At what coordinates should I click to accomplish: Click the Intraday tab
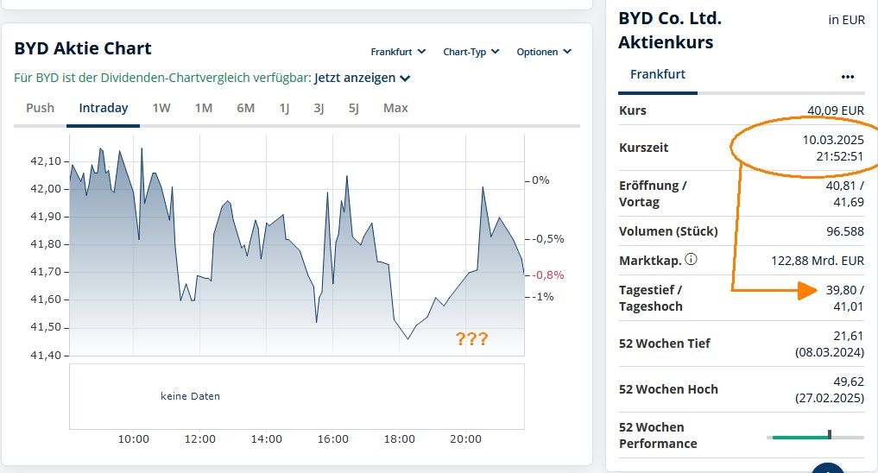[104, 108]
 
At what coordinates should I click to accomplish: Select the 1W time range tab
[161, 108]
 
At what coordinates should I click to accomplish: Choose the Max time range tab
[395, 108]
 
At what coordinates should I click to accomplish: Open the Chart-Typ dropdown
[471, 52]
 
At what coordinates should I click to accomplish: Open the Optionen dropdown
[543, 52]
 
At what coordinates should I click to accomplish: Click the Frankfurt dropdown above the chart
[398, 52]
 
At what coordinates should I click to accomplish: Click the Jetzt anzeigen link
[362, 78]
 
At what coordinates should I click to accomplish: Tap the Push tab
[40, 108]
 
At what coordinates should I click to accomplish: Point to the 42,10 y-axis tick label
[46, 161]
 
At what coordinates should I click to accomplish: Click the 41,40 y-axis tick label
[46, 356]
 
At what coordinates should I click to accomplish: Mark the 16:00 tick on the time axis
[332, 439]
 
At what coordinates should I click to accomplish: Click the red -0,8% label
[548, 274]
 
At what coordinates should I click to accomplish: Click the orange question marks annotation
[471, 339]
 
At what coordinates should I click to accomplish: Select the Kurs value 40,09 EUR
[835, 110]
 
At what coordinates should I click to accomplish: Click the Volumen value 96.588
[844, 231]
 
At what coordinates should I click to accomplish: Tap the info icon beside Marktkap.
[692, 259]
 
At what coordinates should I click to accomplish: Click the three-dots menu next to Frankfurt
[847, 76]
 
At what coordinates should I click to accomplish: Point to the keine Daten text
[190, 396]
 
